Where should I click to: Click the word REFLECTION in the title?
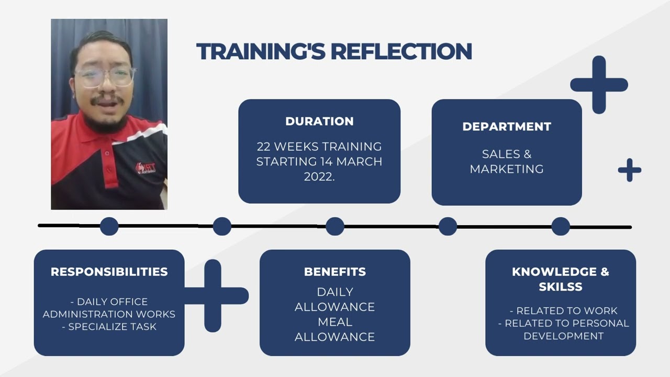click(401, 51)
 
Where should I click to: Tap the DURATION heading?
click(319, 121)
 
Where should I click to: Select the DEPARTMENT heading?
click(507, 127)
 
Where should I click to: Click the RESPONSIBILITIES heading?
click(109, 272)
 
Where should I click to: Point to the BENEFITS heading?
click(335, 272)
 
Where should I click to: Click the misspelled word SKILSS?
click(561, 286)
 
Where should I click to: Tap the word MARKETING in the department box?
click(507, 169)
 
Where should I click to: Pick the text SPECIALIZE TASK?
click(113, 326)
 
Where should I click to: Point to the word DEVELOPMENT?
click(564, 336)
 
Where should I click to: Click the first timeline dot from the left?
click(109, 226)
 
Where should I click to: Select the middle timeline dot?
click(335, 226)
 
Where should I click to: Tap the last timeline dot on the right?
click(561, 226)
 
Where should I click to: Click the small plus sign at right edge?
click(630, 170)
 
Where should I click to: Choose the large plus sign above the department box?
click(599, 85)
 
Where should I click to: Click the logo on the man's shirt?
click(146, 168)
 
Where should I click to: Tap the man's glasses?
click(105, 77)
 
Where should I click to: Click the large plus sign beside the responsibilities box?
click(213, 296)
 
